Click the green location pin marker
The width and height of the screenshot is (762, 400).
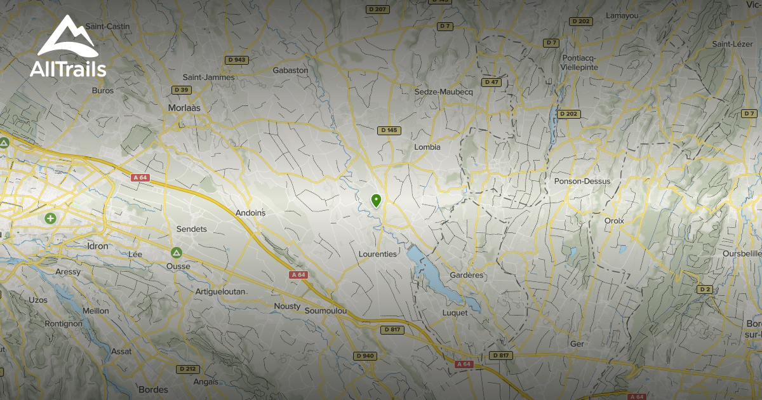(376, 201)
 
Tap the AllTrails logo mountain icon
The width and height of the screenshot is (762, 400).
(67, 37)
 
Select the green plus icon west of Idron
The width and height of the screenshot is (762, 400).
(50, 218)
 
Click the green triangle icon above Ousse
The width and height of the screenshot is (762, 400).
(177, 252)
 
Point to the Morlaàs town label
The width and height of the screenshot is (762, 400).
(184, 108)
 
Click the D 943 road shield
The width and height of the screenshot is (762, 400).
(237, 60)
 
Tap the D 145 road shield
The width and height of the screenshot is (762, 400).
(389, 130)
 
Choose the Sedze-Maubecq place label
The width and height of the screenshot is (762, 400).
(444, 92)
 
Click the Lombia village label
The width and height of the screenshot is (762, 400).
(427, 147)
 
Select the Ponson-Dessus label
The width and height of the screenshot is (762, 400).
(582, 181)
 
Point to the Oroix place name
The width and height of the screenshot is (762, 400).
(614, 220)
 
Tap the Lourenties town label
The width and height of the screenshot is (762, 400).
(377, 254)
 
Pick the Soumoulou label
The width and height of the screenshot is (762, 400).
(326, 311)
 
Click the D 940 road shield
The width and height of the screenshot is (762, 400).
(365, 356)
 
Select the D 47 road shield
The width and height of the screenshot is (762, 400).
(491, 82)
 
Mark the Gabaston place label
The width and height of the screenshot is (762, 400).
(290, 70)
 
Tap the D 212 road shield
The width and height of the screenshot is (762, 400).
(187, 368)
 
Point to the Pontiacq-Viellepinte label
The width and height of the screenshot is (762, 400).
(580, 62)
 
